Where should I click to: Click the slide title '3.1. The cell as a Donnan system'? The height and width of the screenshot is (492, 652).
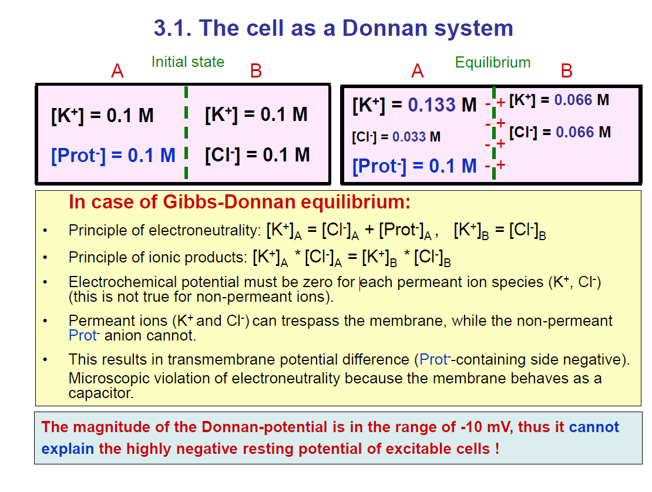tap(333, 28)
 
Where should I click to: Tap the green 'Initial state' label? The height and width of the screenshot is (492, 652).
tap(188, 62)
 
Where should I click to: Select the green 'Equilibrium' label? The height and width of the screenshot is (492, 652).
tap(493, 63)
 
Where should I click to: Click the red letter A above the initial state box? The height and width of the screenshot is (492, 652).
tap(117, 72)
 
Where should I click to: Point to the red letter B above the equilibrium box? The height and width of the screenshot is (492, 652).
tap(566, 72)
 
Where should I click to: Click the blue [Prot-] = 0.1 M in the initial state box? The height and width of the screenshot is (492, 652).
tap(113, 156)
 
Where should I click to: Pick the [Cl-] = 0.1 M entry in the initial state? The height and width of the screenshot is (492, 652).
tap(257, 155)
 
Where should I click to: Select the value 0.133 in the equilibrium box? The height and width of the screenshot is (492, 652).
tap(432, 105)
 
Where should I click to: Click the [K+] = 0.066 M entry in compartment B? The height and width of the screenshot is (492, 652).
tap(559, 100)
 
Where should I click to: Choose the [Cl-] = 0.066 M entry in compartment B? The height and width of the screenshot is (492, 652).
tap(560, 132)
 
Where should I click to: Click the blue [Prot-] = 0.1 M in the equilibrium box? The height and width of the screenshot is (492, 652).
tap(414, 166)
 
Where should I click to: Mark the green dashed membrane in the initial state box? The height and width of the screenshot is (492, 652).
tap(186, 132)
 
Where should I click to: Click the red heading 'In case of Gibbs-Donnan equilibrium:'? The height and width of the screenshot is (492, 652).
tap(240, 203)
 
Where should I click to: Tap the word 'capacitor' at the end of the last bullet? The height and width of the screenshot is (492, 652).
tap(101, 393)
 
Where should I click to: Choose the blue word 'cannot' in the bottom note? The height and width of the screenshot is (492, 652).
tap(593, 427)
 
